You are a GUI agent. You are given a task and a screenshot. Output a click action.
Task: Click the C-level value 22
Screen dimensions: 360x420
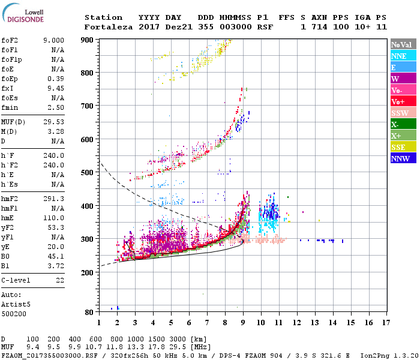point(59,280)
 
